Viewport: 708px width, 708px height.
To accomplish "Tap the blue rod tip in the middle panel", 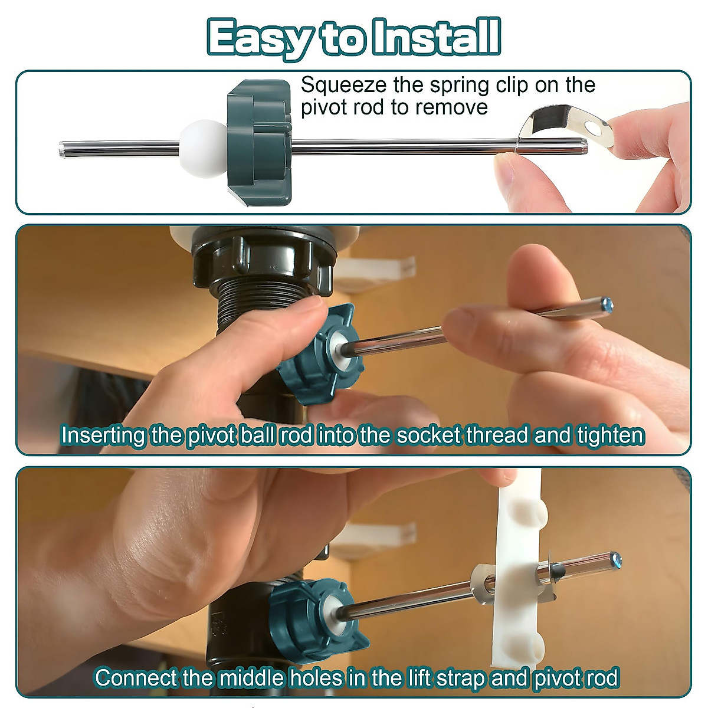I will coord(607,305).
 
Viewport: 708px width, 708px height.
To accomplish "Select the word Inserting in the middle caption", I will coord(103,435).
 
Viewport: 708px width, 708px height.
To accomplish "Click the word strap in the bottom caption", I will coord(460,677).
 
